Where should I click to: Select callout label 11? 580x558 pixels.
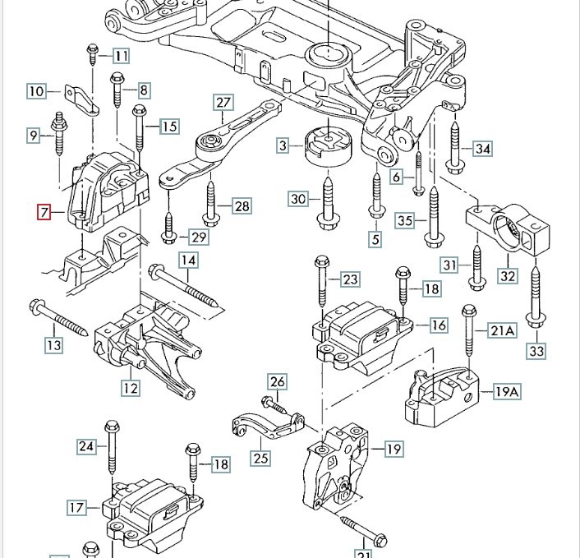pos(122,56)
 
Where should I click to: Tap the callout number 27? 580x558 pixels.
pos(224,103)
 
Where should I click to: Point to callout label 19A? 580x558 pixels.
pos(507,391)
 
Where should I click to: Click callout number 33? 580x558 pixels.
pos(536,352)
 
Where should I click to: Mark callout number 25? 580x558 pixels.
pos(260,457)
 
